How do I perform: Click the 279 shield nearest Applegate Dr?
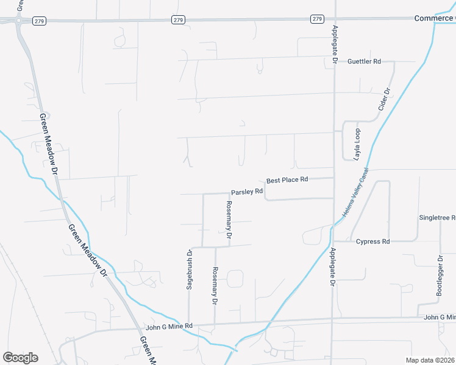[x=317, y=19]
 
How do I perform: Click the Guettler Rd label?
[x=364, y=61]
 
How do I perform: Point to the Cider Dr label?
[x=384, y=99]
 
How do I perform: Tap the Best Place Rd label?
[x=288, y=180]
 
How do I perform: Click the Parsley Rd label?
[x=247, y=191]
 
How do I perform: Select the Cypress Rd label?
[x=372, y=242]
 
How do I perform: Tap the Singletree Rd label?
[x=437, y=218]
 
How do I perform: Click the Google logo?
[x=20, y=357]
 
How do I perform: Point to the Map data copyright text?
[x=430, y=360]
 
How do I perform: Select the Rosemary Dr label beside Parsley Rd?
[x=229, y=219]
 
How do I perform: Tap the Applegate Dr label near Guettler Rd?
[x=335, y=45]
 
